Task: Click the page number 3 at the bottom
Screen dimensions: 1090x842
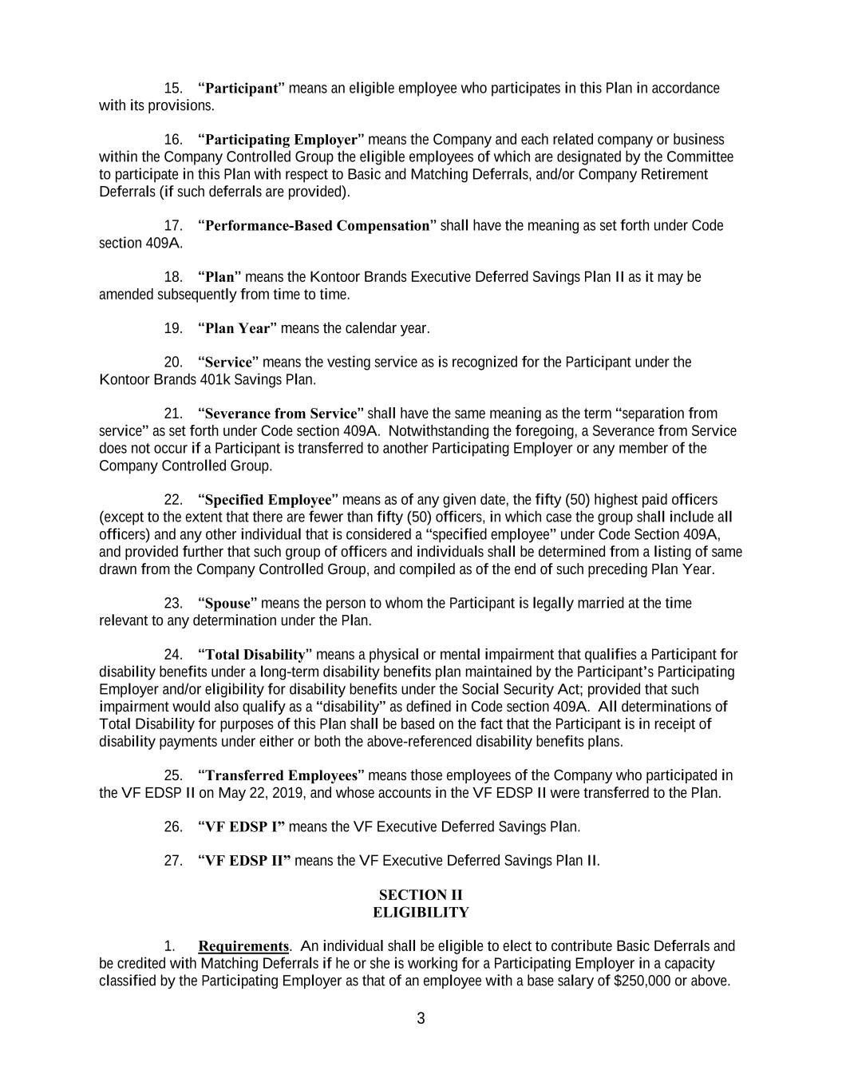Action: (421, 1018)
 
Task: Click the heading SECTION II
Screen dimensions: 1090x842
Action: (421, 894)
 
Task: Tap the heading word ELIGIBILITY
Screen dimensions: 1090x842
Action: (421, 912)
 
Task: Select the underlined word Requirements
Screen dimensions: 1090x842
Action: (243, 946)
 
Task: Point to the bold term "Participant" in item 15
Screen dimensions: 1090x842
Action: (240, 88)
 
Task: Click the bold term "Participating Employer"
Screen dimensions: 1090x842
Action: (281, 140)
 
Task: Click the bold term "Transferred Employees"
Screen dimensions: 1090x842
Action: (281, 775)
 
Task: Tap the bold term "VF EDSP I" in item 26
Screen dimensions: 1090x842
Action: (241, 826)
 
